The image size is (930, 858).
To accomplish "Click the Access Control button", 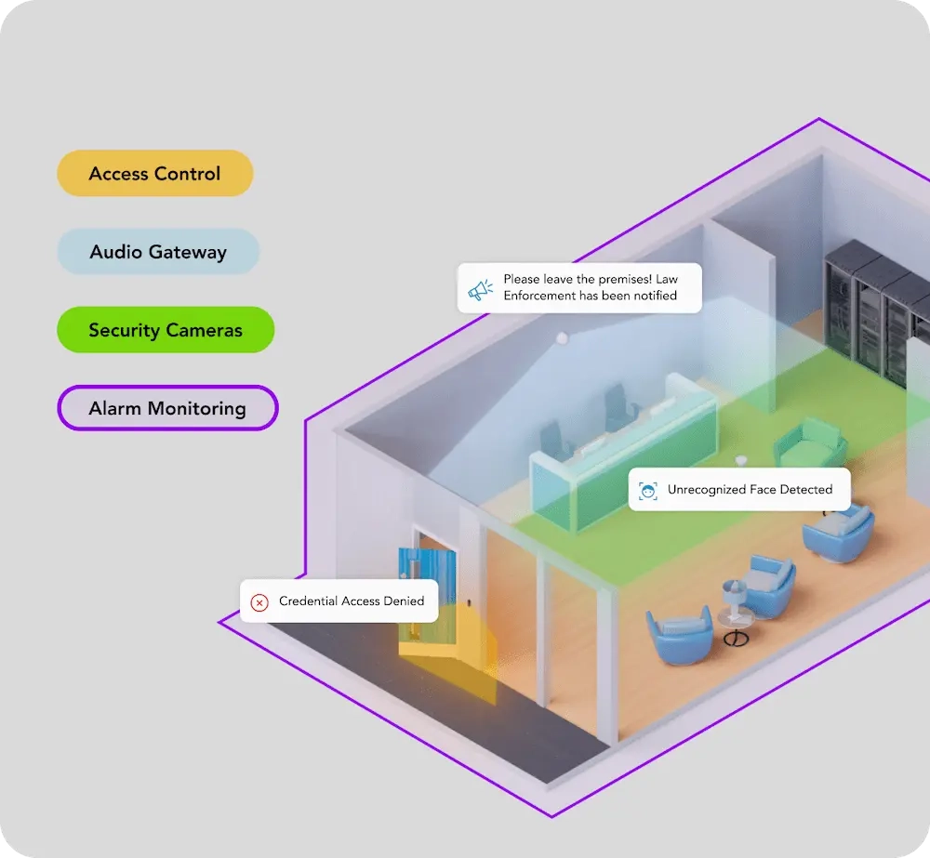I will (x=154, y=174).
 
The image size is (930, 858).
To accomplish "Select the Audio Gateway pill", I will (x=158, y=252).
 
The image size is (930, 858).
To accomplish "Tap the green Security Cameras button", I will (x=166, y=330).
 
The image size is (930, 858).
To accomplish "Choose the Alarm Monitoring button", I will (x=167, y=409).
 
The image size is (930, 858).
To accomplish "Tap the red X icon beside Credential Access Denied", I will (x=259, y=602).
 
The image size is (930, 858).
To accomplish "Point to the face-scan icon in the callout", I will (x=647, y=490).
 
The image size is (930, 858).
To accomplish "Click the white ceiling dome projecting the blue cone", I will (x=561, y=338).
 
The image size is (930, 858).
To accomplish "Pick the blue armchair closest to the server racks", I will (x=840, y=533).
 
